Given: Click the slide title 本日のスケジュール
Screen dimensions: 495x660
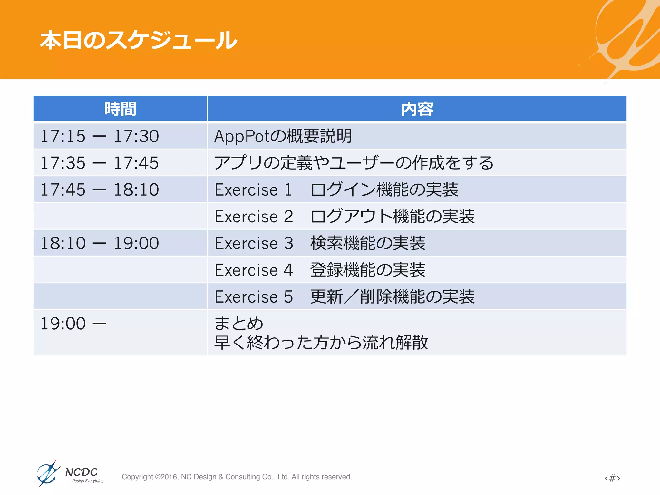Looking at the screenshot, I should (x=139, y=40).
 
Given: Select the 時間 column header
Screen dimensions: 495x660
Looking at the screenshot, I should (x=120, y=109).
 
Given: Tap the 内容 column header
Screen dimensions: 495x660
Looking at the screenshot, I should (x=417, y=109).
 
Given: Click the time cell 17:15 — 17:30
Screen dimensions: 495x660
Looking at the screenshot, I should (x=100, y=136).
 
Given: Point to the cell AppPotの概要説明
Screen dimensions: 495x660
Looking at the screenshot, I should (x=283, y=136).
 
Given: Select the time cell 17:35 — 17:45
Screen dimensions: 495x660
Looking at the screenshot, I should (x=100, y=163).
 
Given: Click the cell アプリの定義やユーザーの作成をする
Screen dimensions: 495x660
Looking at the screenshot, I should (x=354, y=163).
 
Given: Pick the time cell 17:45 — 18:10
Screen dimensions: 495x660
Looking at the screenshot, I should (x=100, y=189).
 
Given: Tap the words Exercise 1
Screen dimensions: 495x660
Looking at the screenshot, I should (x=253, y=190).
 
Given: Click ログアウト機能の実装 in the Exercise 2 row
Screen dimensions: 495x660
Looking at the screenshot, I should (x=393, y=216).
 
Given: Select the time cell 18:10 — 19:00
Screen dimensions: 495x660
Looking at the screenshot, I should (x=100, y=243).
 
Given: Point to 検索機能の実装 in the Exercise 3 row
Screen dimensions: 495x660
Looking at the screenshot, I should (x=368, y=243).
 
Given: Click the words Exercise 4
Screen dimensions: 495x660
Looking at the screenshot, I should (x=254, y=270).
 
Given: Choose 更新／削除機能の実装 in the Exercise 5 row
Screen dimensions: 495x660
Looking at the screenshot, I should (x=393, y=296).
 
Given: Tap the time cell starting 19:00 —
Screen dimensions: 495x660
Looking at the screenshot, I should (x=73, y=324).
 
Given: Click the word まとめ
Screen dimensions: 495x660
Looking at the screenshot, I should (x=239, y=323).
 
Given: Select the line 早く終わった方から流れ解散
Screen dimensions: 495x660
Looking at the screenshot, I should (x=321, y=342).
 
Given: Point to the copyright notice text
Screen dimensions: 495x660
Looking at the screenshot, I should (x=237, y=477).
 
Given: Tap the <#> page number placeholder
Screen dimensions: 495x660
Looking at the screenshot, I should (x=612, y=478).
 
